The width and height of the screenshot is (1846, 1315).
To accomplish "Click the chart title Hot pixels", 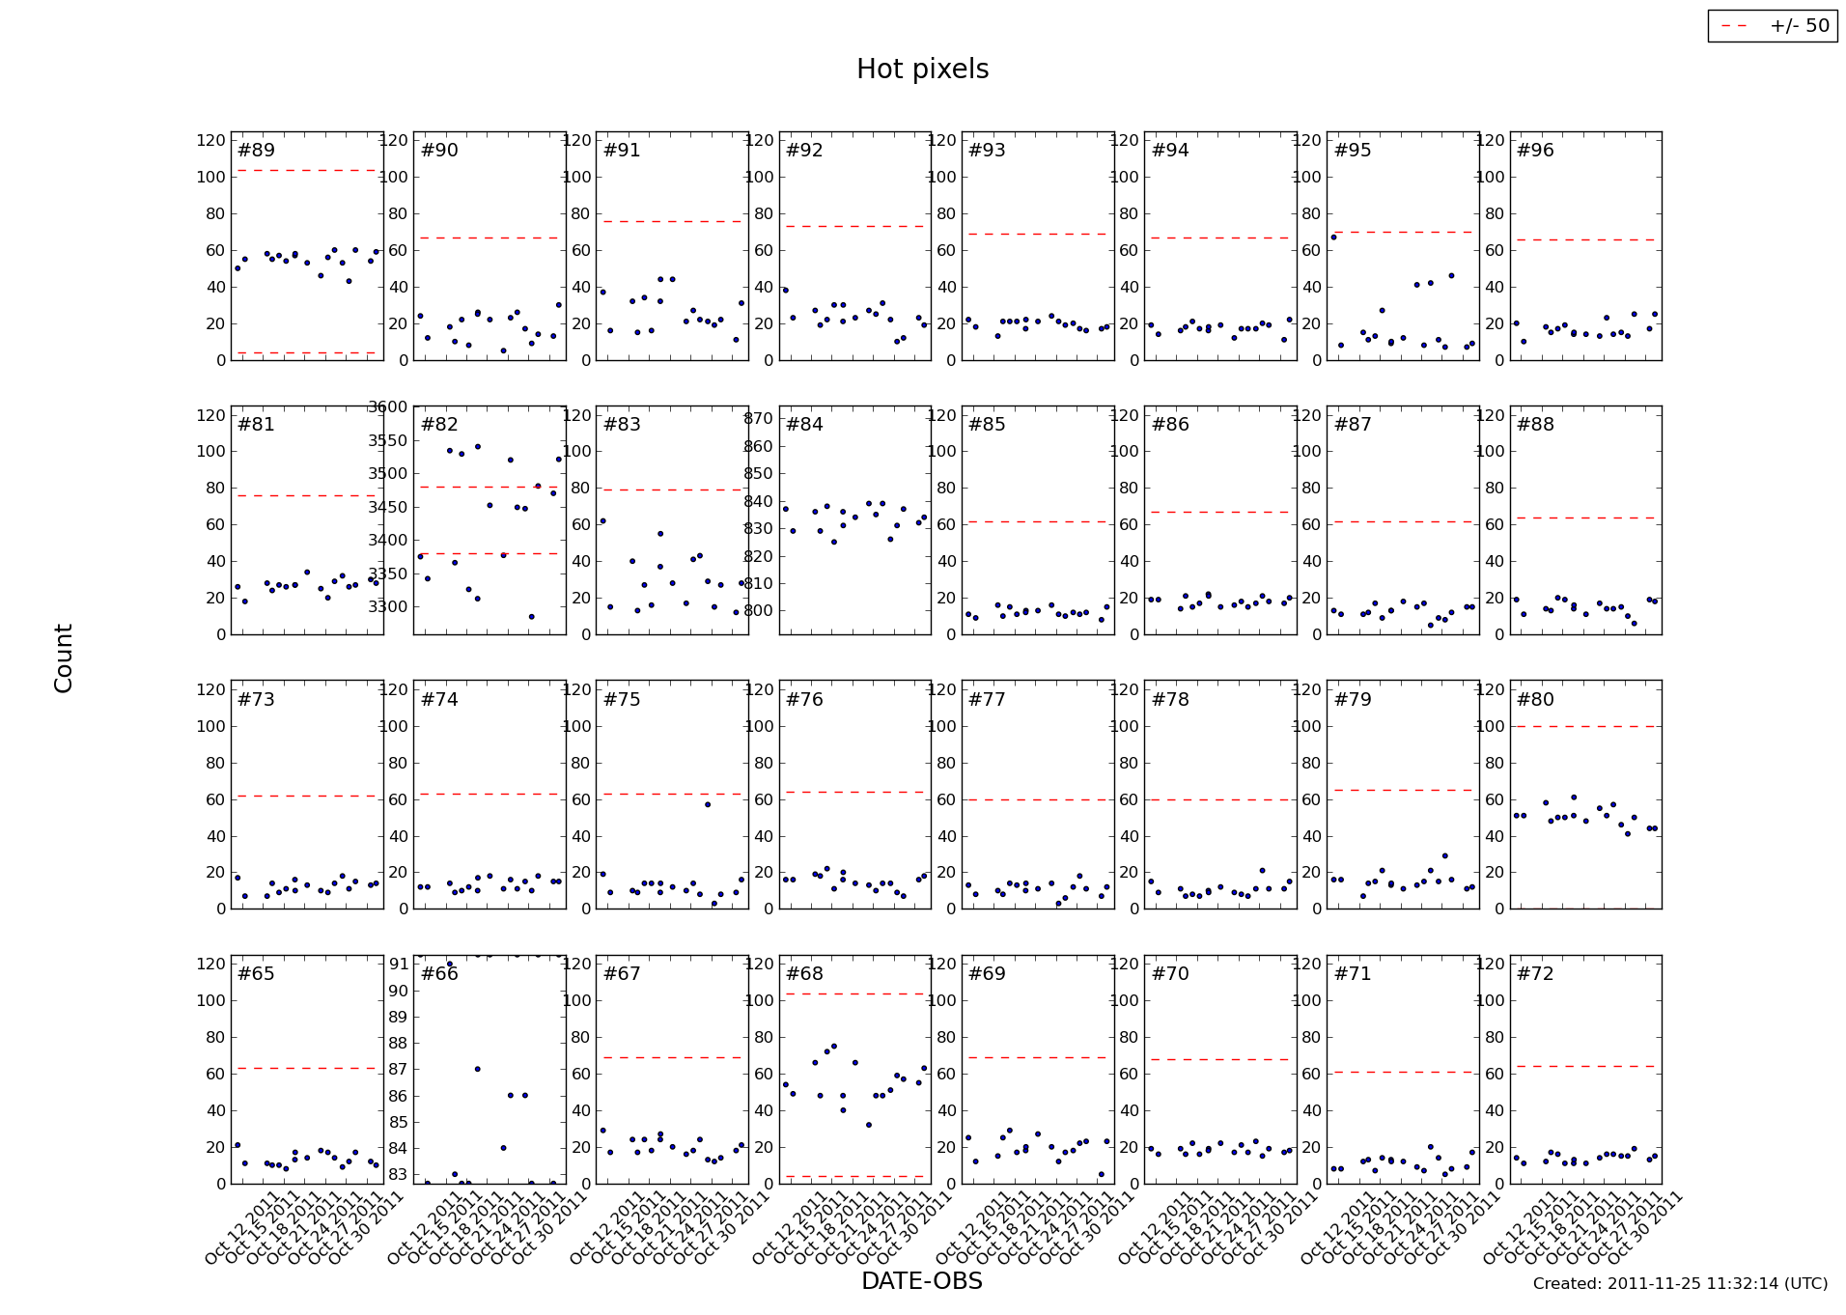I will [922, 70].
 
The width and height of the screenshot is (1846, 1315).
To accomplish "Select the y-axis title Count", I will [64, 657].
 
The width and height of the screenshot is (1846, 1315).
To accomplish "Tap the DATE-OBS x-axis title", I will [922, 1281].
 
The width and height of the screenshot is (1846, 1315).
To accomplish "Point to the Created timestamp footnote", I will [1680, 1284].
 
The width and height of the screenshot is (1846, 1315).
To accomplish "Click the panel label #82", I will [439, 425].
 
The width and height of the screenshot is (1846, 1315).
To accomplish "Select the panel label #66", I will [439, 974].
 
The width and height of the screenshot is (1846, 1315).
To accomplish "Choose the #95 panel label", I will [1353, 151].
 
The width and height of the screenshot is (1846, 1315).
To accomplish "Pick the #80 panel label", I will [1535, 700].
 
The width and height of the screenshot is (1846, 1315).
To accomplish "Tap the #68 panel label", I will [804, 974].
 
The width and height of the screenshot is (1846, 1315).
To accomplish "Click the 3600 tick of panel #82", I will [387, 407].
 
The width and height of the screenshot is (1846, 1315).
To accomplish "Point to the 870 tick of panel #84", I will [758, 419].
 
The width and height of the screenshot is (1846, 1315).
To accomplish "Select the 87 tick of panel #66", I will [397, 1070].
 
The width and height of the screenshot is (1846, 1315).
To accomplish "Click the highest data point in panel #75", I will [708, 804].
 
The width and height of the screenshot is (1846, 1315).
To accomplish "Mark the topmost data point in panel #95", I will [1333, 238].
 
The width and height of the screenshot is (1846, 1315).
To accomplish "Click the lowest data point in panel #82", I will [531, 617].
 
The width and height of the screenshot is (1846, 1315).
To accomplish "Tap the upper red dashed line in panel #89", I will [306, 171].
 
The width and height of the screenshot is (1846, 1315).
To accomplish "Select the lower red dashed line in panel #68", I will [853, 1176].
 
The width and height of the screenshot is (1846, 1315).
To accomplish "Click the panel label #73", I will [256, 700].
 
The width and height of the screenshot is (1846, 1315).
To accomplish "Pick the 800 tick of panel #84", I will [758, 611].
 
